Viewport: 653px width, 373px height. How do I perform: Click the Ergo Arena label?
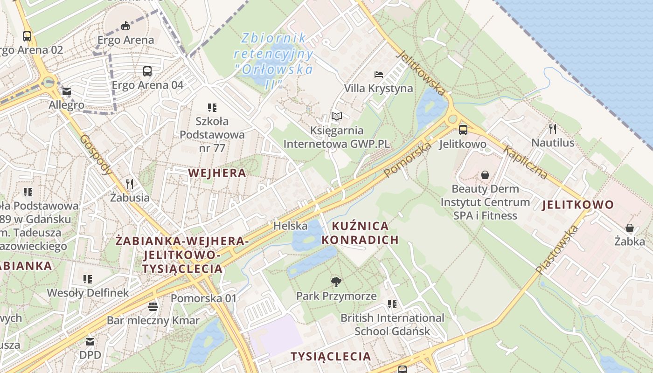(125, 40)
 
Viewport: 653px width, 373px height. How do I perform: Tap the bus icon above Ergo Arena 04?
(147, 71)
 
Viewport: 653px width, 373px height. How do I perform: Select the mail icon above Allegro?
(67, 92)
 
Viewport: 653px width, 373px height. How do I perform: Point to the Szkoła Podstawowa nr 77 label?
(212, 135)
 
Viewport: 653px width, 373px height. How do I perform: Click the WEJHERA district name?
(217, 173)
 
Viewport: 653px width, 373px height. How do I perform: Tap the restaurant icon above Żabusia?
(130, 184)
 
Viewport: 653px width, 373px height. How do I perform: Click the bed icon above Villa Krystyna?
(378, 75)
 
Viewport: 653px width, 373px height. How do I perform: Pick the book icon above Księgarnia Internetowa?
(336, 117)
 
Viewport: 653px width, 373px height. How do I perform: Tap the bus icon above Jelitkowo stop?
(463, 130)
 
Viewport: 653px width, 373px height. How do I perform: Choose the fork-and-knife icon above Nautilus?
(553, 129)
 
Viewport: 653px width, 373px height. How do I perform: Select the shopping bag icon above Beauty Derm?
(485, 175)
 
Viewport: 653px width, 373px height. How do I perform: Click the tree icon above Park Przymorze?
(336, 282)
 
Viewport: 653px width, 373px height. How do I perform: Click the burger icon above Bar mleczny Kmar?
(153, 307)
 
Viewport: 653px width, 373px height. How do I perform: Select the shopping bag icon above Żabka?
(629, 228)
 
